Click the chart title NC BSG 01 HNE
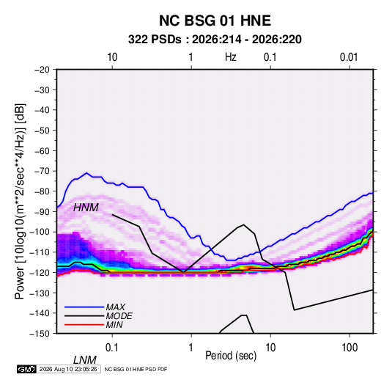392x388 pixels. point(215,21)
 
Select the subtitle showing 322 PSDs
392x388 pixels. point(215,40)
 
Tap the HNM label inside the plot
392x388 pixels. point(86,208)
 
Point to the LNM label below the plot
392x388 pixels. point(85,360)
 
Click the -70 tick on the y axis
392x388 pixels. point(42,171)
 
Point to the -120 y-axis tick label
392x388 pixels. point(40,273)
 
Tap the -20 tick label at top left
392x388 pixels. point(42,70)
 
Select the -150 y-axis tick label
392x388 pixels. point(40,334)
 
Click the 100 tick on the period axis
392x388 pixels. point(350,348)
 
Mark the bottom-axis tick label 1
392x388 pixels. point(191,348)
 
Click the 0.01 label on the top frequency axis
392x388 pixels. point(349,57)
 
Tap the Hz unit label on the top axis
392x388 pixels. point(231,57)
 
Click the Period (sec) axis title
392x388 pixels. point(231,356)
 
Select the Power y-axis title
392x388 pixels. point(20,202)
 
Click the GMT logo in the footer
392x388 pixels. point(26,369)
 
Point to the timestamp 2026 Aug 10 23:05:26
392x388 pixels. point(68,369)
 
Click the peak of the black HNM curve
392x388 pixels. point(243,224)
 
